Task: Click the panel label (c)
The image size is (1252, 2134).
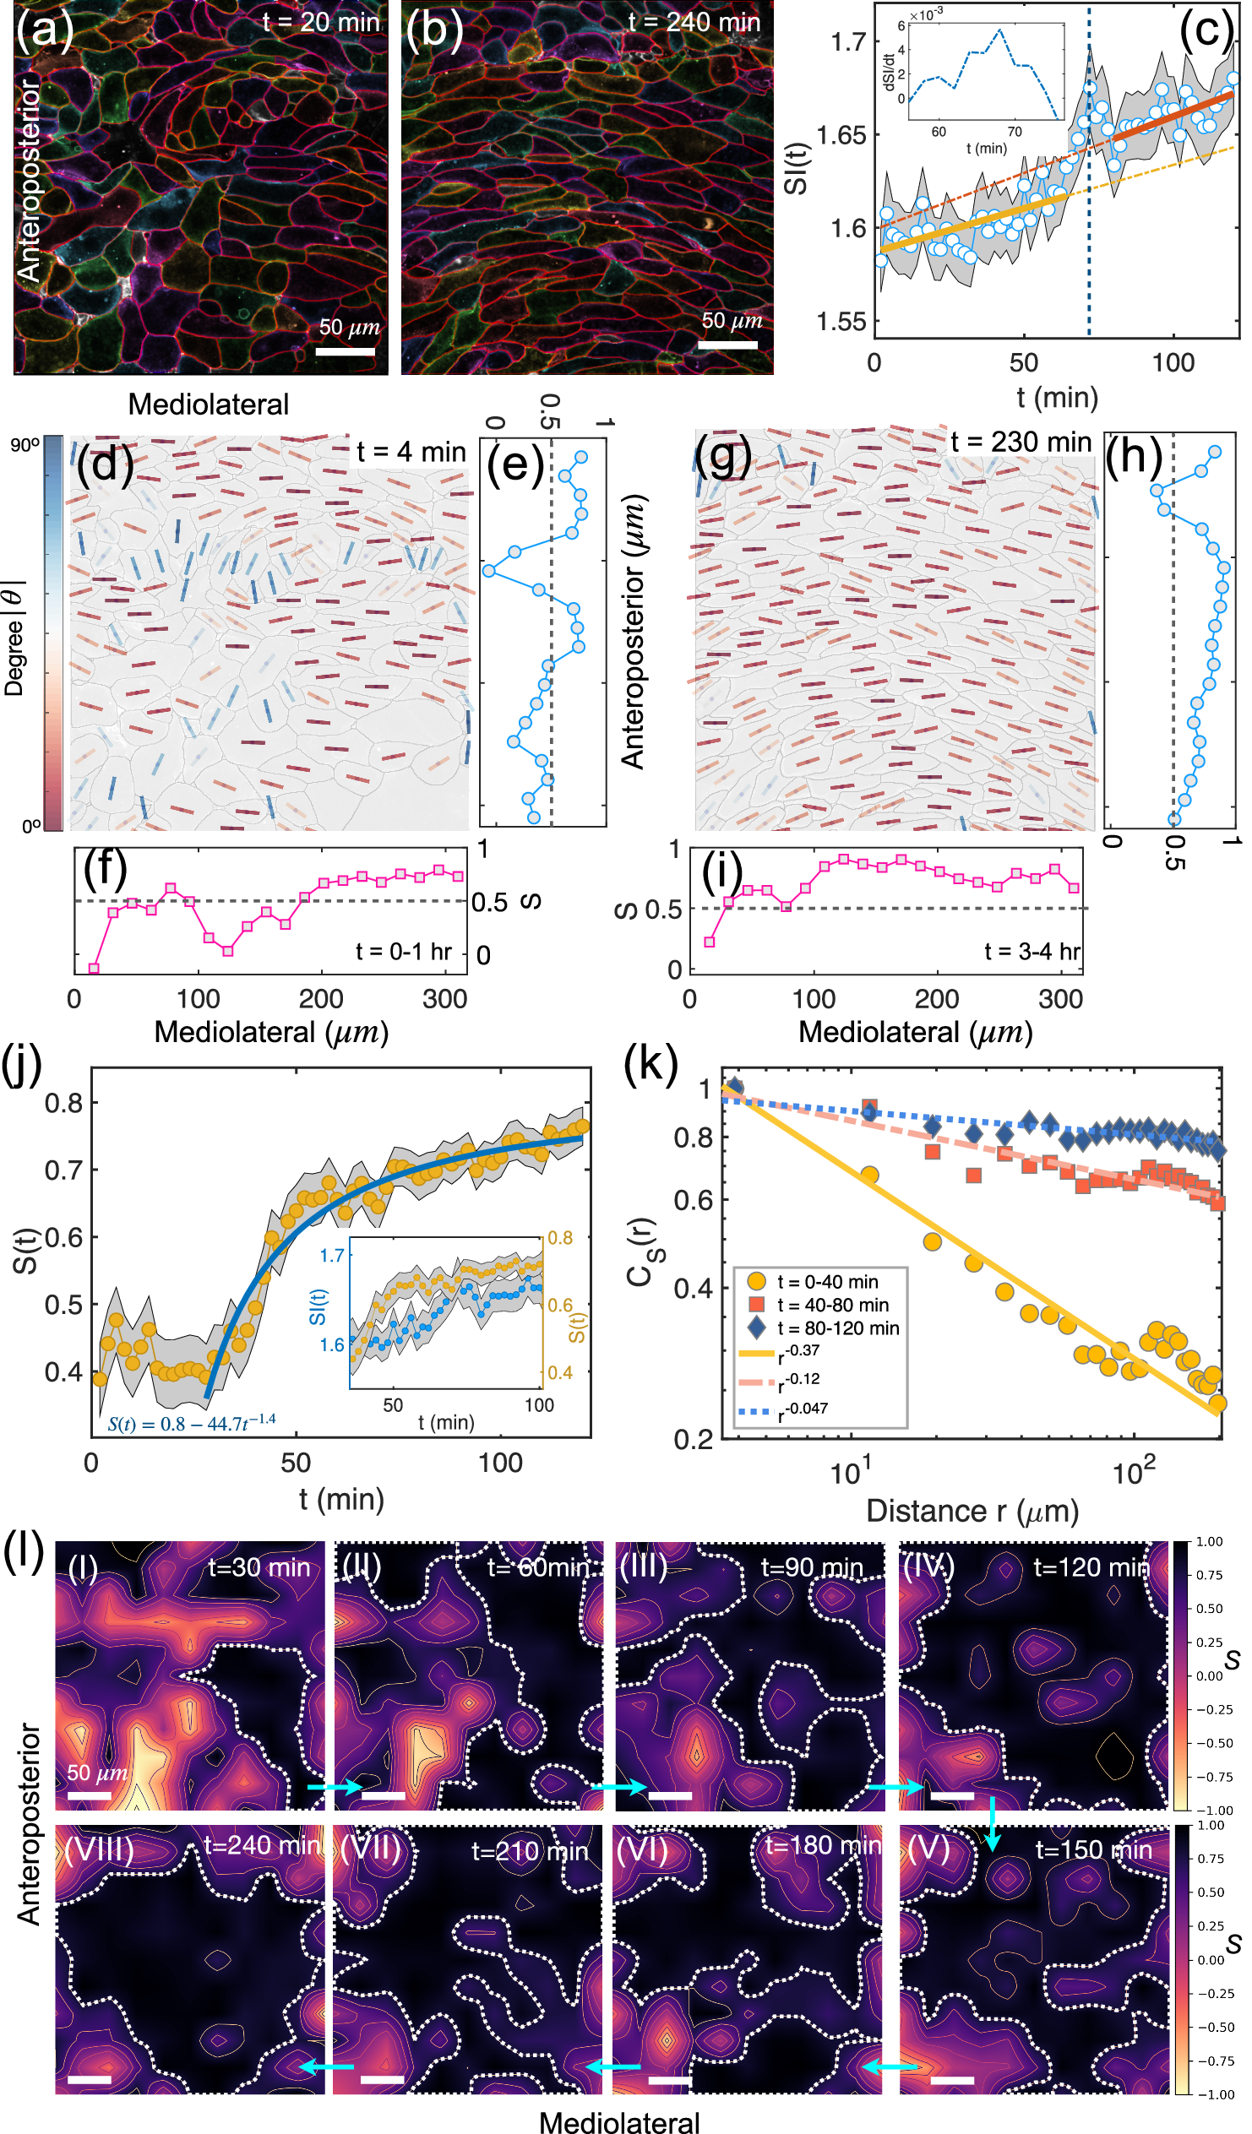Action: [x=1206, y=31]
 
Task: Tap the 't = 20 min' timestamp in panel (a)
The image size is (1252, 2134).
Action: [x=321, y=22]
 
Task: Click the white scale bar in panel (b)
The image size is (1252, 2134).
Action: [x=727, y=345]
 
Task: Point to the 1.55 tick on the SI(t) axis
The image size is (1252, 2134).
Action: [x=842, y=322]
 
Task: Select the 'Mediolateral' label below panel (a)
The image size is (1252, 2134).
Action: [x=209, y=405]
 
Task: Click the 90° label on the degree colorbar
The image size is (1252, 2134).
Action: [x=24, y=445]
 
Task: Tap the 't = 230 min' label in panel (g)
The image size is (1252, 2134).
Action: [x=1021, y=442]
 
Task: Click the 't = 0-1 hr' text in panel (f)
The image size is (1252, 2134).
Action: [x=404, y=952]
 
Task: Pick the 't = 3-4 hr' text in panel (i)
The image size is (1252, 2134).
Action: [x=1032, y=952]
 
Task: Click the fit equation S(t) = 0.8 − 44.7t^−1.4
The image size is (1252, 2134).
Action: [x=192, y=1424]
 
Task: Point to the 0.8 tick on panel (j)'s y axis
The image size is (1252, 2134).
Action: [x=63, y=1104]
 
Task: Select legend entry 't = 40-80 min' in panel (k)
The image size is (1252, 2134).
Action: [x=833, y=1305]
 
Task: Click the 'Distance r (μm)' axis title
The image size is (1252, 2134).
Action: [x=972, y=1512]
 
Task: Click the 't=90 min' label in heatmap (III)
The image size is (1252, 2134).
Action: [x=812, y=1567]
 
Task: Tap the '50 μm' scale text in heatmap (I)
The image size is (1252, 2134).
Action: [x=97, y=1773]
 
